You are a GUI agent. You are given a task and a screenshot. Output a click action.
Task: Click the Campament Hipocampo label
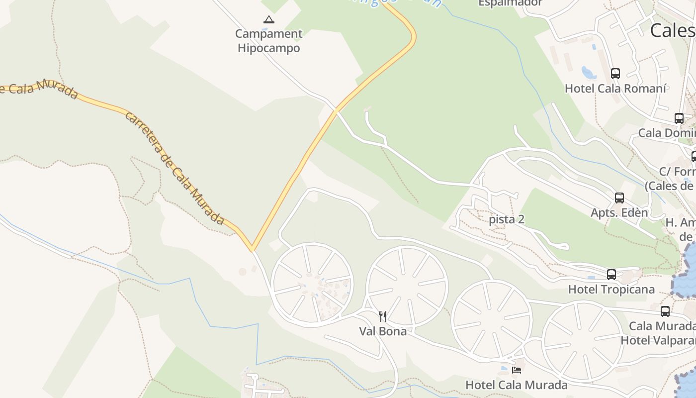[268, 41]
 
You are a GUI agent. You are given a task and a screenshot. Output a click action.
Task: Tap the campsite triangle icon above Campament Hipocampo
[269, 20]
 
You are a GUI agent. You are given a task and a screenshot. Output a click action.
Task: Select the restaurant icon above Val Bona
[383, 316]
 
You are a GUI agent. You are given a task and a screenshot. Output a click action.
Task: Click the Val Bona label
[383, 331]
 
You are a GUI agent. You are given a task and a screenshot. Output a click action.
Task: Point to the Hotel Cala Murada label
[516, 385]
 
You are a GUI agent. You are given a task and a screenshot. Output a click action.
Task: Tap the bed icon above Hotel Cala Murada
[517, 370]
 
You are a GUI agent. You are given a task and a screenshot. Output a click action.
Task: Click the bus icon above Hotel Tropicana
[611, 274]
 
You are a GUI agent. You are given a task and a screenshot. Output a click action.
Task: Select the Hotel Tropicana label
[611, 289]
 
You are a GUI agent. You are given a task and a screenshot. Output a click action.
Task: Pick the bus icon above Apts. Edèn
[619, 198]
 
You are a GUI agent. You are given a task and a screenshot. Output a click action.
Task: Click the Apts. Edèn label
[619, 212]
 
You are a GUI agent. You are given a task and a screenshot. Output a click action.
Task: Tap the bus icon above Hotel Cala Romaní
[615, 74]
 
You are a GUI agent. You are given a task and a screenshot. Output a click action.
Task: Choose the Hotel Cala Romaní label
[615, 89]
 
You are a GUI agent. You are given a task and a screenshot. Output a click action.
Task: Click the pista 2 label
[507, 219]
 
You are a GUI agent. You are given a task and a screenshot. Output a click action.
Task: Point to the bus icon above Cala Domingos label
[679, 118]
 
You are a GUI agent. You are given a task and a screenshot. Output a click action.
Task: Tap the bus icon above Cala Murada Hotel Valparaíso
[665, 311]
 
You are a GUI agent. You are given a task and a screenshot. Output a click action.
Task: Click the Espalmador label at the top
[510, 3]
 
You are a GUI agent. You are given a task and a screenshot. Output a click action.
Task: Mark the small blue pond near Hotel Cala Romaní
[590, 74]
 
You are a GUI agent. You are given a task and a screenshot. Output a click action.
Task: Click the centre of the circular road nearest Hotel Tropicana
[583, 341]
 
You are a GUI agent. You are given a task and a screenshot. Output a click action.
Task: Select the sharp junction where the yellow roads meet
[253, 249]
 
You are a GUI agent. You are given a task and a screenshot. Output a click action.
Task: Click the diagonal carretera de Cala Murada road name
[174, 168]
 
